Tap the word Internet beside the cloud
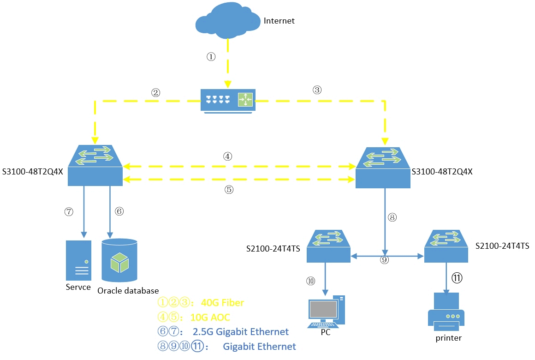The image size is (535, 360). click(x=279, y=21)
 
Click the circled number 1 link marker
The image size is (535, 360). click(x=211, y=57)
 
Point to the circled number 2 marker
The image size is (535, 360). click(x=155, y=92)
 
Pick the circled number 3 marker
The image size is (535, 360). click(x=316, y=90)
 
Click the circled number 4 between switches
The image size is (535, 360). click(x=227, y=156)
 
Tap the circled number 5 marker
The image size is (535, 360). click(x=229, y=189)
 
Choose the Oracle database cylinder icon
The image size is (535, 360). click(x=119, y=260)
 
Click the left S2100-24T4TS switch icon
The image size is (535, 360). click(x=328, y=246)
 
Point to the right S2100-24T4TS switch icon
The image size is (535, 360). click(x=446, y=246)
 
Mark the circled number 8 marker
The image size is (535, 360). click(x=392, y=216)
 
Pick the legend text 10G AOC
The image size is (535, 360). click(x=210, y=318)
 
